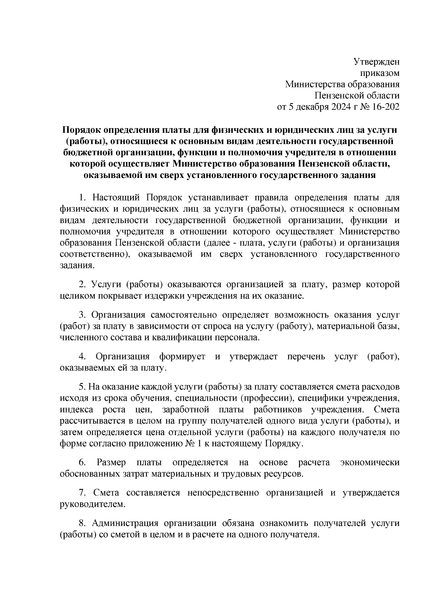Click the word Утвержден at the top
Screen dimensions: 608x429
376,62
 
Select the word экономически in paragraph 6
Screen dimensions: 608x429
370,463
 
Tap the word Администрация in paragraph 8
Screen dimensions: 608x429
125,523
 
